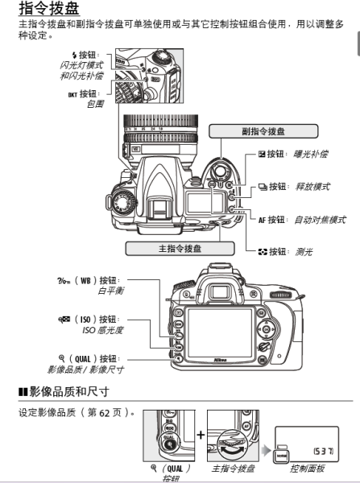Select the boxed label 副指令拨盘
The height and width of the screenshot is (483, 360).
[263, 130]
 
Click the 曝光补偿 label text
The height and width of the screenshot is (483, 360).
[311, 154]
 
